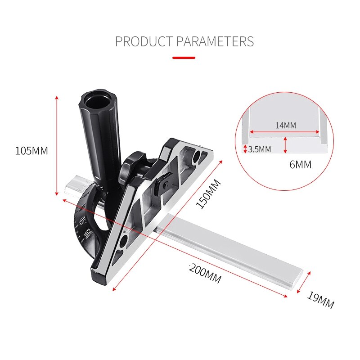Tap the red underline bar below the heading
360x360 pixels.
click(184, 58)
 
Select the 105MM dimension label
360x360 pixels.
click(31, 151)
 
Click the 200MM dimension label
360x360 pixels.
click(205, 273)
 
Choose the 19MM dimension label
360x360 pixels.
click(321, 300)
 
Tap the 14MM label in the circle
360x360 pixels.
click(286, 126)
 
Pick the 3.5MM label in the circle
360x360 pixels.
click(260, 149)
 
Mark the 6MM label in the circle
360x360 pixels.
click(300, 165)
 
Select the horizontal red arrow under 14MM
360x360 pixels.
click(285, 132)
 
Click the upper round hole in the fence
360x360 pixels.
click(198, 156)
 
